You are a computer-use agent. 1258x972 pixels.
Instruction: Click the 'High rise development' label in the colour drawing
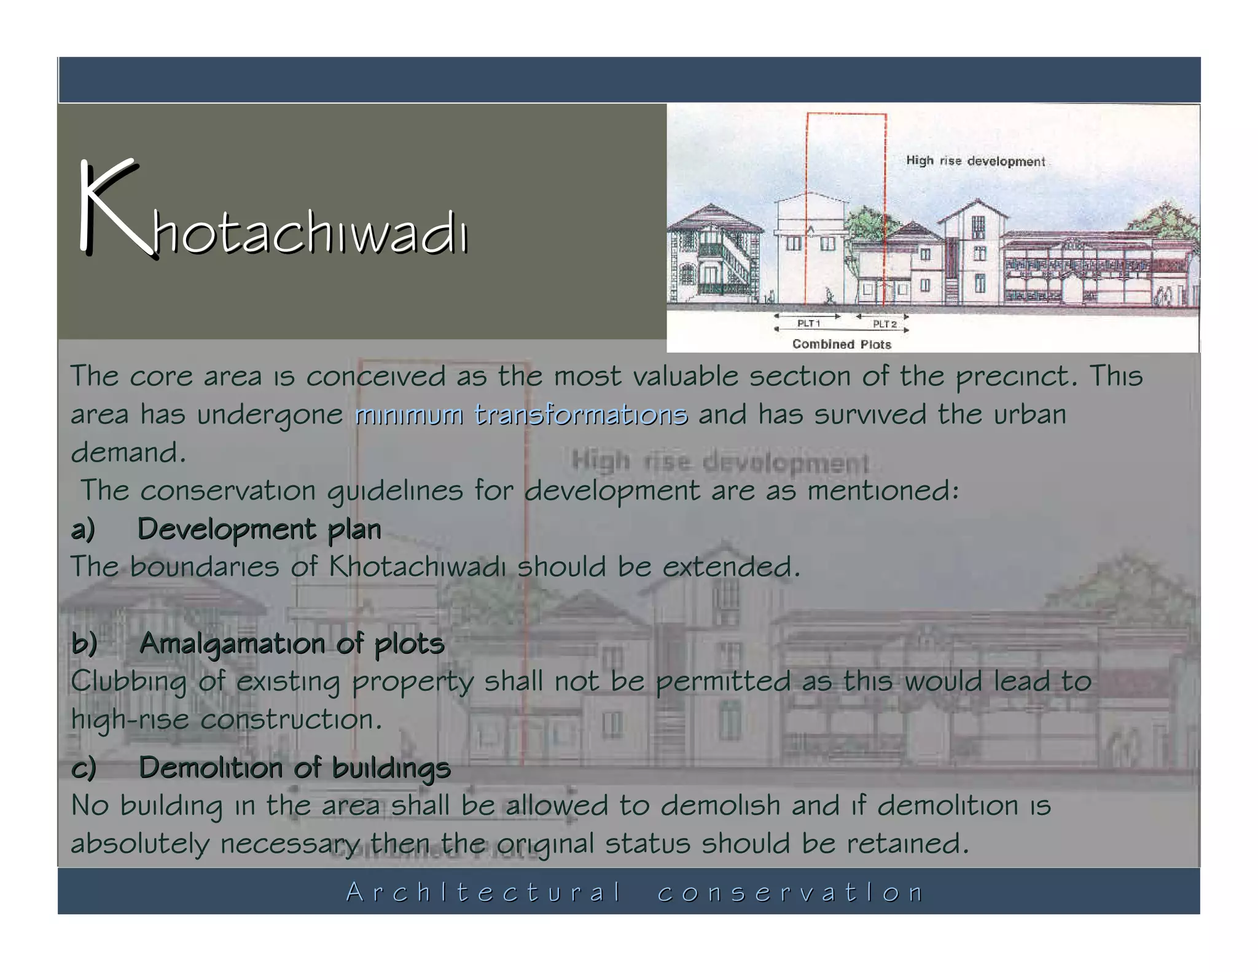(975, 161)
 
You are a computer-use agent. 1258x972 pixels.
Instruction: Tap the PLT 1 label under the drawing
(808, 323)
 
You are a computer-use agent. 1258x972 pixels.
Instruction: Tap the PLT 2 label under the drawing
(885, 324)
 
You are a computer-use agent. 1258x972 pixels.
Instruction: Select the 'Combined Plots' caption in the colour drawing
(841, 344)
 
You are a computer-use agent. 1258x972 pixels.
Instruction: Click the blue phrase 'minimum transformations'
(521, 415)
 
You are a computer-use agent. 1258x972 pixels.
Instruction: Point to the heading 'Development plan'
(259, 529)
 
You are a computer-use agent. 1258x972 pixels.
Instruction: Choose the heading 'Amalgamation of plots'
(291, 644)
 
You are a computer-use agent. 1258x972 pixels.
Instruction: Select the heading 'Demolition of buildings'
(294, 768)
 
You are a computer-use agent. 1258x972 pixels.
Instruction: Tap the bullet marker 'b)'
(84, 644)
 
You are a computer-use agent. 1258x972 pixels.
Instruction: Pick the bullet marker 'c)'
(84, 768)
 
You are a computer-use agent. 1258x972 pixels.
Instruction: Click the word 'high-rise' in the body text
(130, 719)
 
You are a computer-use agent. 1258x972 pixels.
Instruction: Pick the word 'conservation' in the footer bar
(790, 892)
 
